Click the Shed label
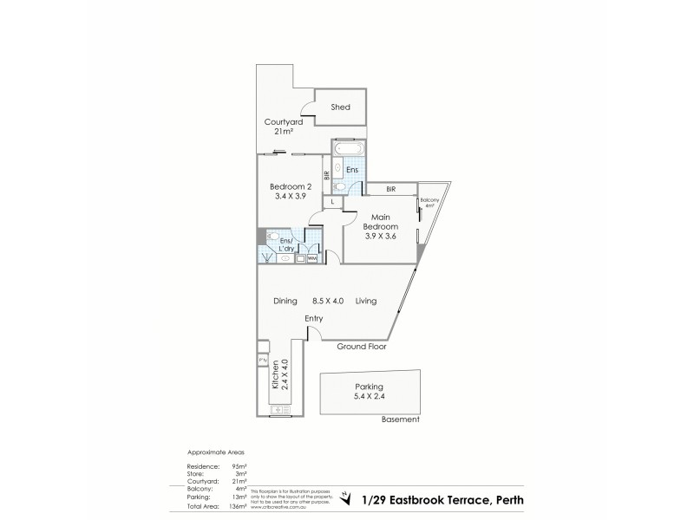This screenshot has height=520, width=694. click(341, 107)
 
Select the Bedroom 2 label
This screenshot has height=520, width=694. click(290, 187)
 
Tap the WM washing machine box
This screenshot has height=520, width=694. click(311, 257)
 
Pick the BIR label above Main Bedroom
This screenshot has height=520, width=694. click(391, 189)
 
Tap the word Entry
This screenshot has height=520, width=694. click(314, 319)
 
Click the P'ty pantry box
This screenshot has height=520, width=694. click(262, 361)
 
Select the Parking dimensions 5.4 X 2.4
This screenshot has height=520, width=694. click(369, 398)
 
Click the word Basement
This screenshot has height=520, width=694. click(400, 419)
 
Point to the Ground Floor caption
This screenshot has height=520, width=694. click(361, 346)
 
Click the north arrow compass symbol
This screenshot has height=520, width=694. click(347, 497)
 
